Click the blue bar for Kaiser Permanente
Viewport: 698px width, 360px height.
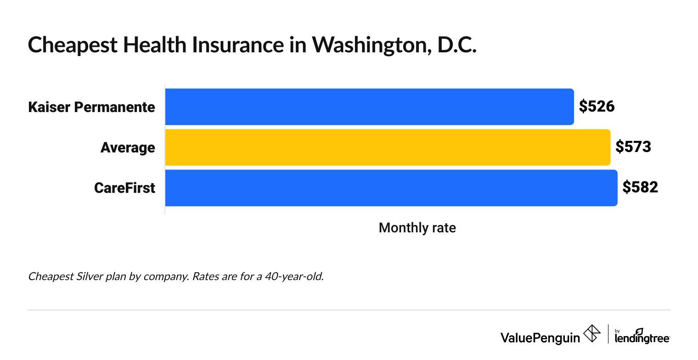(x=369, y=107)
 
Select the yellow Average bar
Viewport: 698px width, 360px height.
(x=388, y=147)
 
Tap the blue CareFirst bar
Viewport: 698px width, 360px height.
(x=391, y=188)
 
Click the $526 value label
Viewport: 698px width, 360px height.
(x=597, y=107)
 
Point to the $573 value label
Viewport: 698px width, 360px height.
(x=633, y=147)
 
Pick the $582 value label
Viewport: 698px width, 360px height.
(x=640, y=188)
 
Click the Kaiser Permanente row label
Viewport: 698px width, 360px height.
(x=91, y=107)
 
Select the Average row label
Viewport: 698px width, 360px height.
(x=128, y=148)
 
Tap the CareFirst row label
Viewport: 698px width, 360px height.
(x=124, y=188)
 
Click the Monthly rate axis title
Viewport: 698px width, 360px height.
(x=417, y=228)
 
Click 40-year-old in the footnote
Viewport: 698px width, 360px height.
(x=297, y=277)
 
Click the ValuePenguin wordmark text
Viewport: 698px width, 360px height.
(x=540, y=337)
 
